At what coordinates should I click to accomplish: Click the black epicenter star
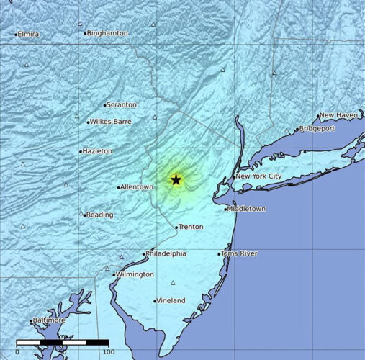coord(176,179)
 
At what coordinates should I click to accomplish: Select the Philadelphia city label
coord(166,253)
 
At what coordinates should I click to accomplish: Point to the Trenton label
coord(191,227)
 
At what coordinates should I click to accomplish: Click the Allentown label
coord(137,187)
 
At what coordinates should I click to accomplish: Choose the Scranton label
coord(121,104)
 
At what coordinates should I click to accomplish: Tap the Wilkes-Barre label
coord(111,122)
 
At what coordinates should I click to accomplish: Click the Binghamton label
coord(107,33)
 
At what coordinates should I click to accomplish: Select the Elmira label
coord(29,34)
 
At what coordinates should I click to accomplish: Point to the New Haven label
coord(339,115)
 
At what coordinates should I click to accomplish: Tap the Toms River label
coord(240,253)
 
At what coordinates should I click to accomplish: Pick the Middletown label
coord(246,209)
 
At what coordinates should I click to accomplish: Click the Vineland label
coord(171,300)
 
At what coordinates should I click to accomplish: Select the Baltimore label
coord(50,320)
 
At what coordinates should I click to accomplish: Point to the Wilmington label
coord(135,274)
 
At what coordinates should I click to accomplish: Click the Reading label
coord(100,215)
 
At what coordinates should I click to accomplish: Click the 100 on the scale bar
coord(108,351)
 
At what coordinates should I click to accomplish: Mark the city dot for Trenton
coord(177,228)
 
